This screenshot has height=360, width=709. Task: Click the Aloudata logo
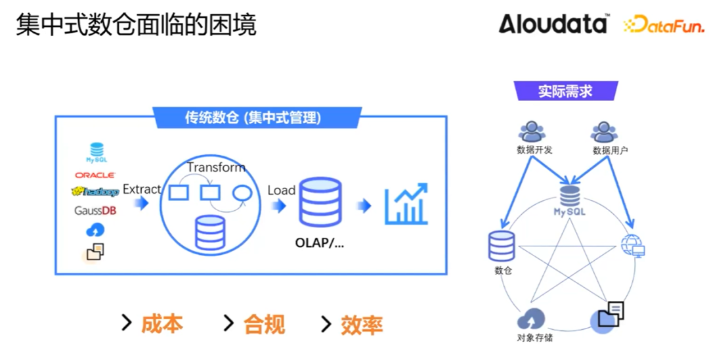click(553, 24)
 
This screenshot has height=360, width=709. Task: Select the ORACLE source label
click(95, 175)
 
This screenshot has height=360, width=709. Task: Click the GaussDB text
click(96, 210)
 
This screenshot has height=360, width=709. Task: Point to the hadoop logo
click(95, 192)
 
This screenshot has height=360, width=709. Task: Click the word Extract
click(142, 189)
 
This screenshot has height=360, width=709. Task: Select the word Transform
click(216, 168)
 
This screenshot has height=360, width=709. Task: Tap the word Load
click(281, 190)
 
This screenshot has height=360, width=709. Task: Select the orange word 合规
click(264, 324)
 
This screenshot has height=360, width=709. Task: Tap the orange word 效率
click(362, 325)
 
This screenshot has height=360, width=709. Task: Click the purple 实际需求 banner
click(566, 91)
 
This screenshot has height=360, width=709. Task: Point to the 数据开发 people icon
click(532, 131)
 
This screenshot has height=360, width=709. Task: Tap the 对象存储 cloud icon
click(530, 321)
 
